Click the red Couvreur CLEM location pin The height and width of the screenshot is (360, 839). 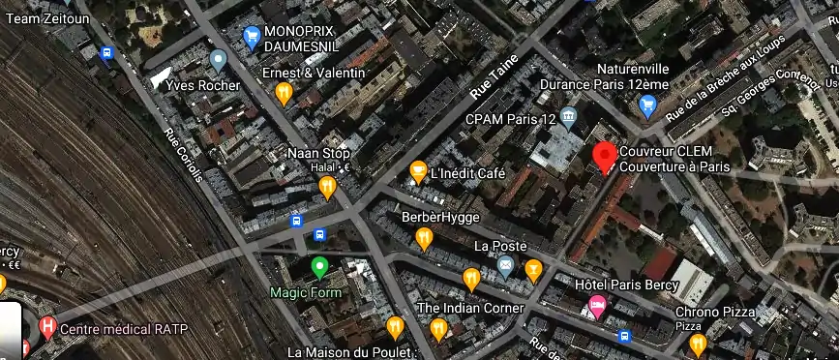click(x=605, y=156)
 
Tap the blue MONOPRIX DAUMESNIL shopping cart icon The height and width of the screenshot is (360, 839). click(x=252, y=38)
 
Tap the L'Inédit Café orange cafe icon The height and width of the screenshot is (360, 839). click(x=418, y=171)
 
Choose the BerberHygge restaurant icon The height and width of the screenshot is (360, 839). click(x=424, y=237)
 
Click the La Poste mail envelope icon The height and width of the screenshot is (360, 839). click(x=504, y=265)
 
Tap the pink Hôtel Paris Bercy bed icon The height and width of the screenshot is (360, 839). click(x=598, y=307)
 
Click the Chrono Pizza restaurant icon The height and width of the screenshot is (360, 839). click(x=697, y=342)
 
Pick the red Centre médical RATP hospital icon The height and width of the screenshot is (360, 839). click(x=46, y=328)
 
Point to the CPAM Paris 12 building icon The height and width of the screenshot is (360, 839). click(x=568, y=118)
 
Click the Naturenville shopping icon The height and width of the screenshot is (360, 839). click(x=647, y=105)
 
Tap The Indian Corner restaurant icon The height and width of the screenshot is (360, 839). click(x=437, y=328)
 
